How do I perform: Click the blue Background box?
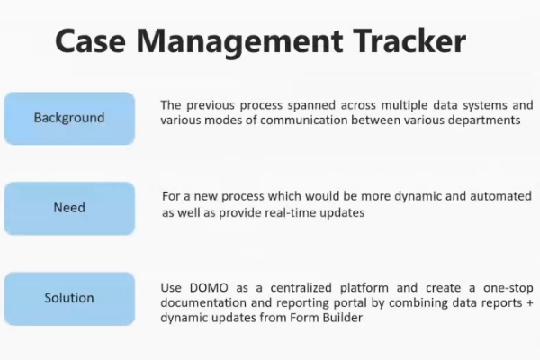(x=69, y=118)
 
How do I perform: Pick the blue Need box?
(x=69, y=208)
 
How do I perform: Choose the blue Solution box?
(x=69, y=298)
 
